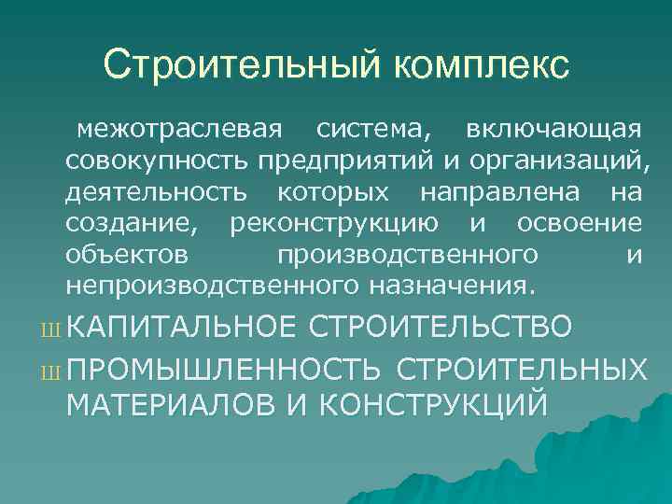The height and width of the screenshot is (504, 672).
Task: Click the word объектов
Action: coord(127,254)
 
